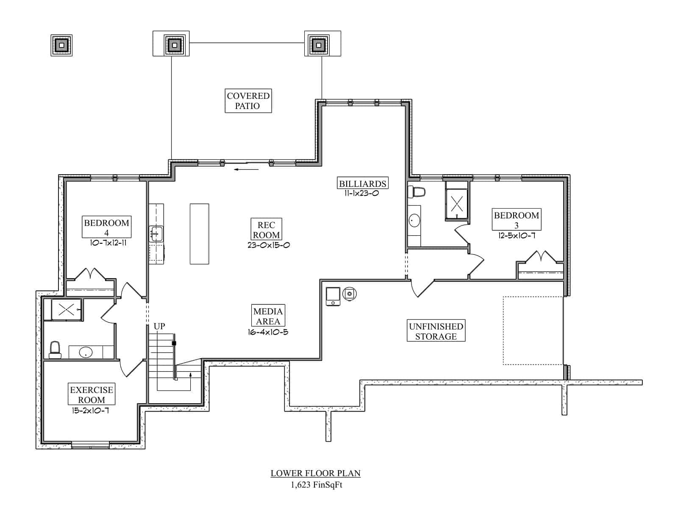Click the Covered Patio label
pos(248,101)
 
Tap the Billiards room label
pos(362,184)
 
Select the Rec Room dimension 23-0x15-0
pos(269,245)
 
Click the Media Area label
pos(267,316)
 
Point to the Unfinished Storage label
pos(436,331)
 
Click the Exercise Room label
pos(92,395)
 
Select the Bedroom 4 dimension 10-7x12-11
pos(108,243)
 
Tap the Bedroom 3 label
pos(516,220)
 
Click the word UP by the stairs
pos(159,326)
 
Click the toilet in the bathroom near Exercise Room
pos(55,350)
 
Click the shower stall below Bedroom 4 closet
pos(67,309)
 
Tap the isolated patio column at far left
pos(61,45)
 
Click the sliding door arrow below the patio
pos(246,170)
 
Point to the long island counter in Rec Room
pos(199,234)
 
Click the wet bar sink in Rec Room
pos(156,234)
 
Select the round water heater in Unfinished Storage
pos(350,293)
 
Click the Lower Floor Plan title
pos(316,473)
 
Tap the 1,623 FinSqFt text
pos(317,485)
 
